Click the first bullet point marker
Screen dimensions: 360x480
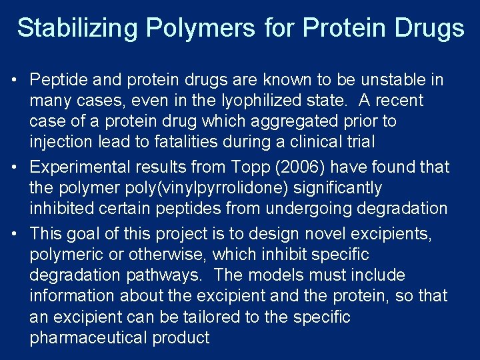pos(14,81)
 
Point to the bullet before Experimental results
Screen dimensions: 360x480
pos(14,167)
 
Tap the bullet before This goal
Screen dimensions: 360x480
pos(14,234)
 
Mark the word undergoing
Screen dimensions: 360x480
pos(309,209)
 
